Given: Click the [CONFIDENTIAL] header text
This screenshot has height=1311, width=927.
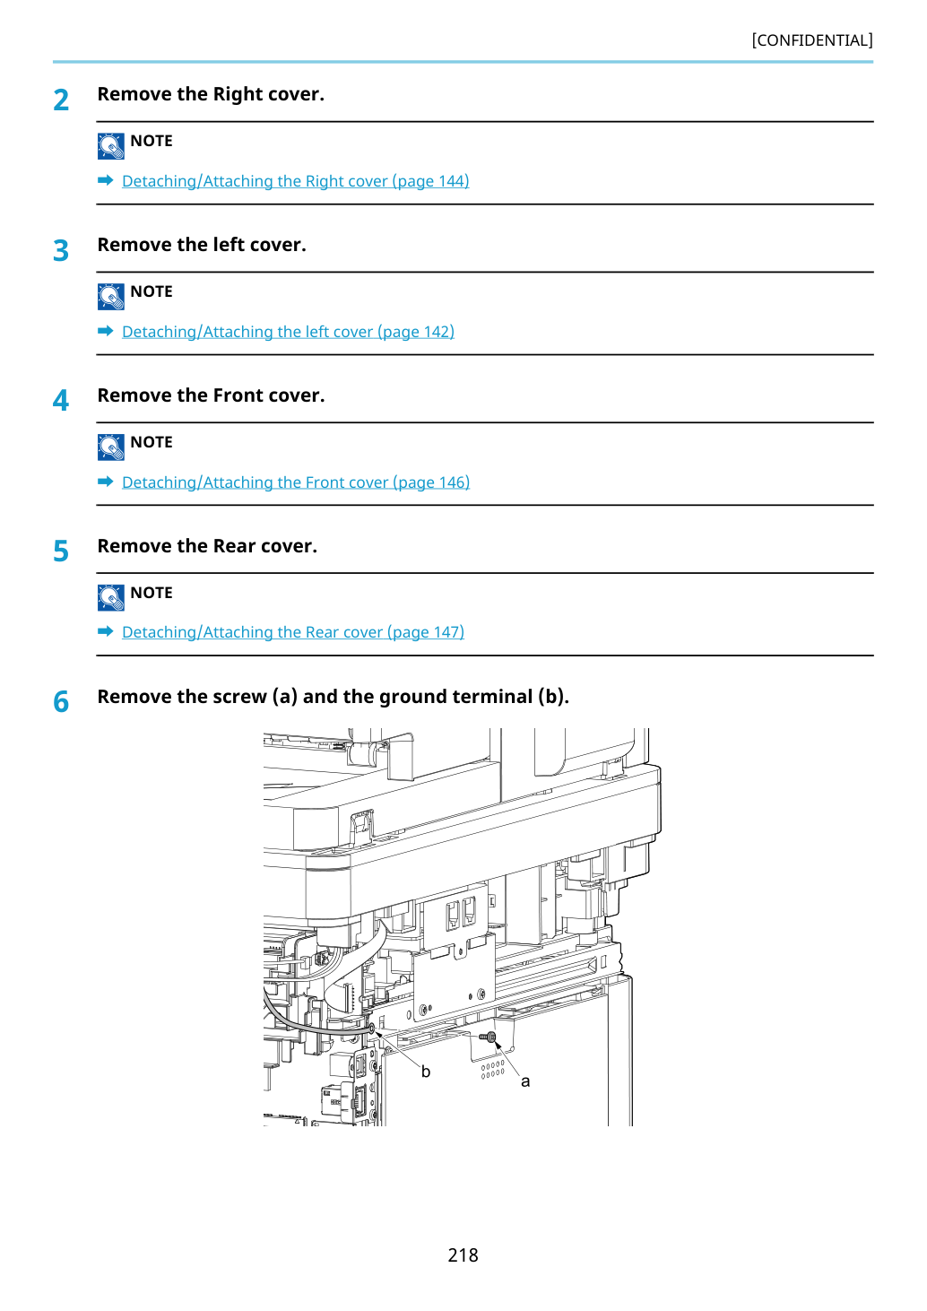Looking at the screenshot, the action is (811, 40).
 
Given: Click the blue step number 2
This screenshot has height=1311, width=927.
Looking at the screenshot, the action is (61, 100).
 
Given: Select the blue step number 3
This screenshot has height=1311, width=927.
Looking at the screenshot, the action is (61, 250).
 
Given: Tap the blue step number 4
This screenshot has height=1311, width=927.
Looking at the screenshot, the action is (61, 401).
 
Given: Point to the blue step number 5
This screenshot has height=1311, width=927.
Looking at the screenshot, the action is (61, 551).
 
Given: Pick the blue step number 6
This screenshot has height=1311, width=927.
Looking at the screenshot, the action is (61, 702).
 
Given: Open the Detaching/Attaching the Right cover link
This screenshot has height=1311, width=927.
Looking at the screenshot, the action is (296, 181).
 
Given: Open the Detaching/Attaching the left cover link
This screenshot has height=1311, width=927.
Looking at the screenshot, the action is (288, 332).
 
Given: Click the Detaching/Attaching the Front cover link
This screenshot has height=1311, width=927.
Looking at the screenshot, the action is (296, 482).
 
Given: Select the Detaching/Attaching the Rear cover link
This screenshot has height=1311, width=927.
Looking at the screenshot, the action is (293, 633).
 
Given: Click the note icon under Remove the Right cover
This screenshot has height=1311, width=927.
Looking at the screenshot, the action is (110, 146).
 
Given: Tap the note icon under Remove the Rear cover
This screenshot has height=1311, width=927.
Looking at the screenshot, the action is (110, 597).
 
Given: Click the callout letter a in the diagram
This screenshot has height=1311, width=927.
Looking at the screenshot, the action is (525, 1081).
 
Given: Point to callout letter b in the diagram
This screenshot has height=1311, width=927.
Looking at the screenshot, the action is (426, 1071).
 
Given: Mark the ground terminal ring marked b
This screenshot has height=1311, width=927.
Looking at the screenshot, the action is (372, 1028).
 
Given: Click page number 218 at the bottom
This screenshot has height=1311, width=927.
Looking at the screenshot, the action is (463, 1255).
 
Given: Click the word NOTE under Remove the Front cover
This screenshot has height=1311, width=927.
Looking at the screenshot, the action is (152, 442).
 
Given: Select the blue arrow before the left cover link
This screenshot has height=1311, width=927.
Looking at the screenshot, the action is (106, 331).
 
